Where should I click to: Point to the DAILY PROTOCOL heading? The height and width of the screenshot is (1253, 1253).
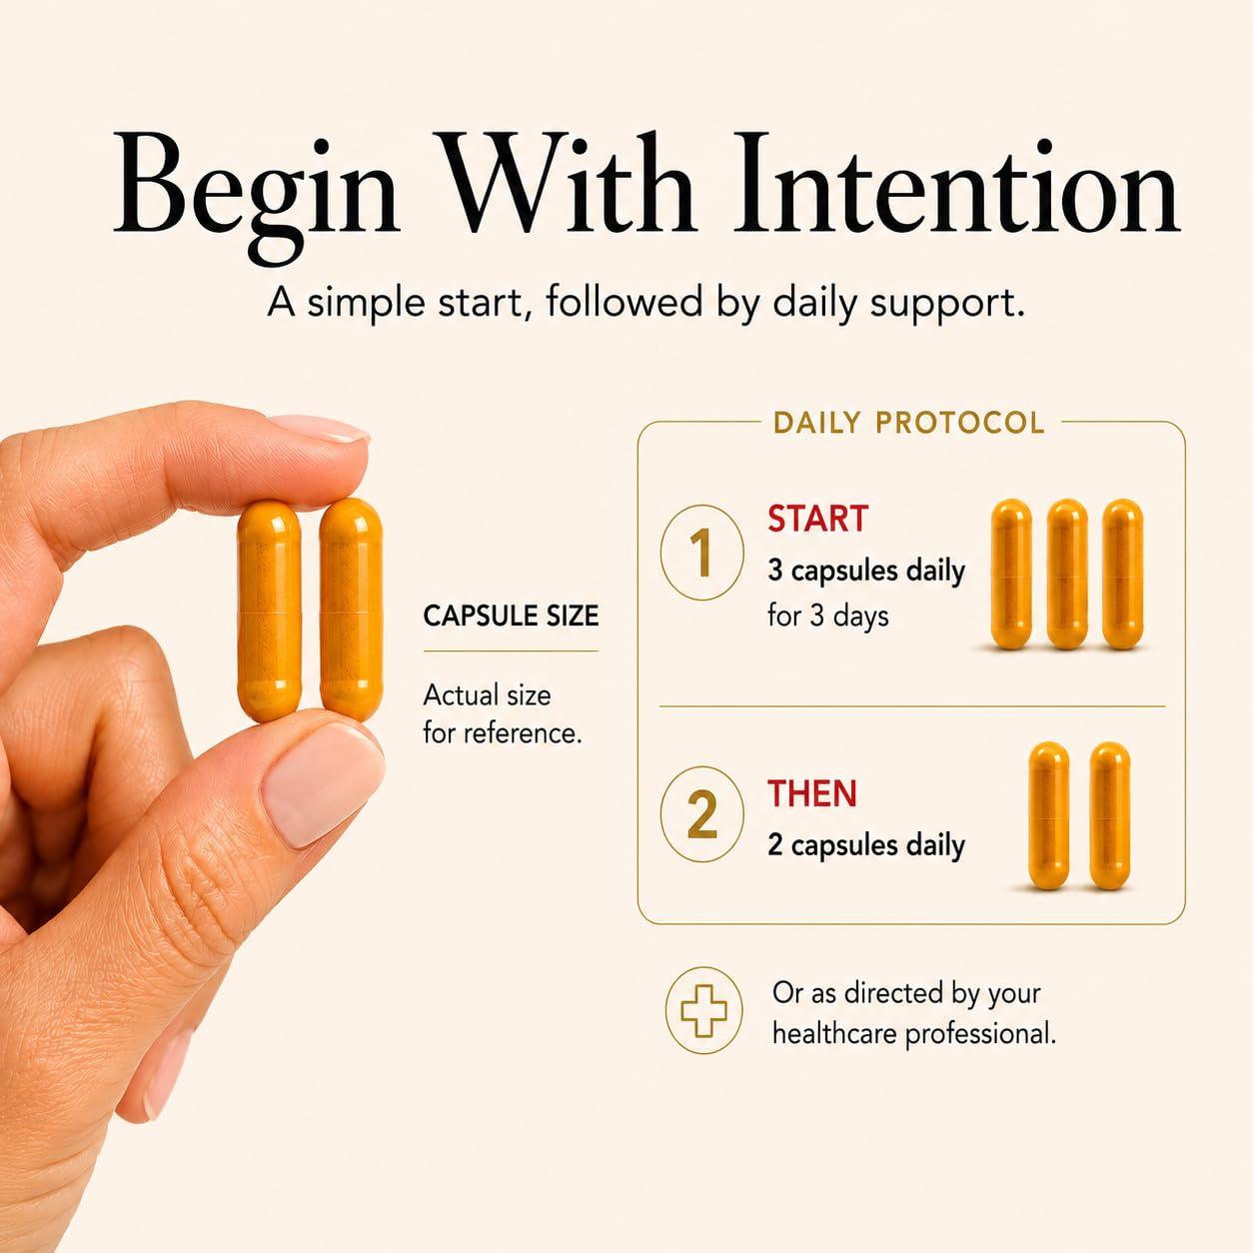[x=909, y=423]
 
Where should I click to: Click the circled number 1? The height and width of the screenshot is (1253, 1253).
[x=702, y=552]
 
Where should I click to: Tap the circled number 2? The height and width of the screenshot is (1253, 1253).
[x=702, y=814]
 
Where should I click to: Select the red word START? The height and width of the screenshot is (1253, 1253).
[x=818, y=519]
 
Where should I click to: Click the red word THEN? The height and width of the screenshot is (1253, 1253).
[x=812, y=793]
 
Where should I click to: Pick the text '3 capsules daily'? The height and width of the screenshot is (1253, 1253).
[x=866, y=572]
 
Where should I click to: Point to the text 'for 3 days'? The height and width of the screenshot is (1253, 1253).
[x=827, y=616]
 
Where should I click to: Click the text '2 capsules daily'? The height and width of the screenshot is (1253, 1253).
[x=866, y=846]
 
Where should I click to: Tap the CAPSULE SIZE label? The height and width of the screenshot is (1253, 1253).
[x=511, y=616]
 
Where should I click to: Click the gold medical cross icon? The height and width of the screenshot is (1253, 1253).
[x=702, y=1010]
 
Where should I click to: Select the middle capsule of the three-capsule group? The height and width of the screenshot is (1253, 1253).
[x=1067, y=575]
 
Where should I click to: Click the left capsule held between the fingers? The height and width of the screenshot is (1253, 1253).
[x=269, y=612]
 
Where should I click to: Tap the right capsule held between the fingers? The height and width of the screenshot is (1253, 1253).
[x=351, y=610]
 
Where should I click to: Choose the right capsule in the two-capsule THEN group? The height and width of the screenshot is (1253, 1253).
[x=1110, y=815]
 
